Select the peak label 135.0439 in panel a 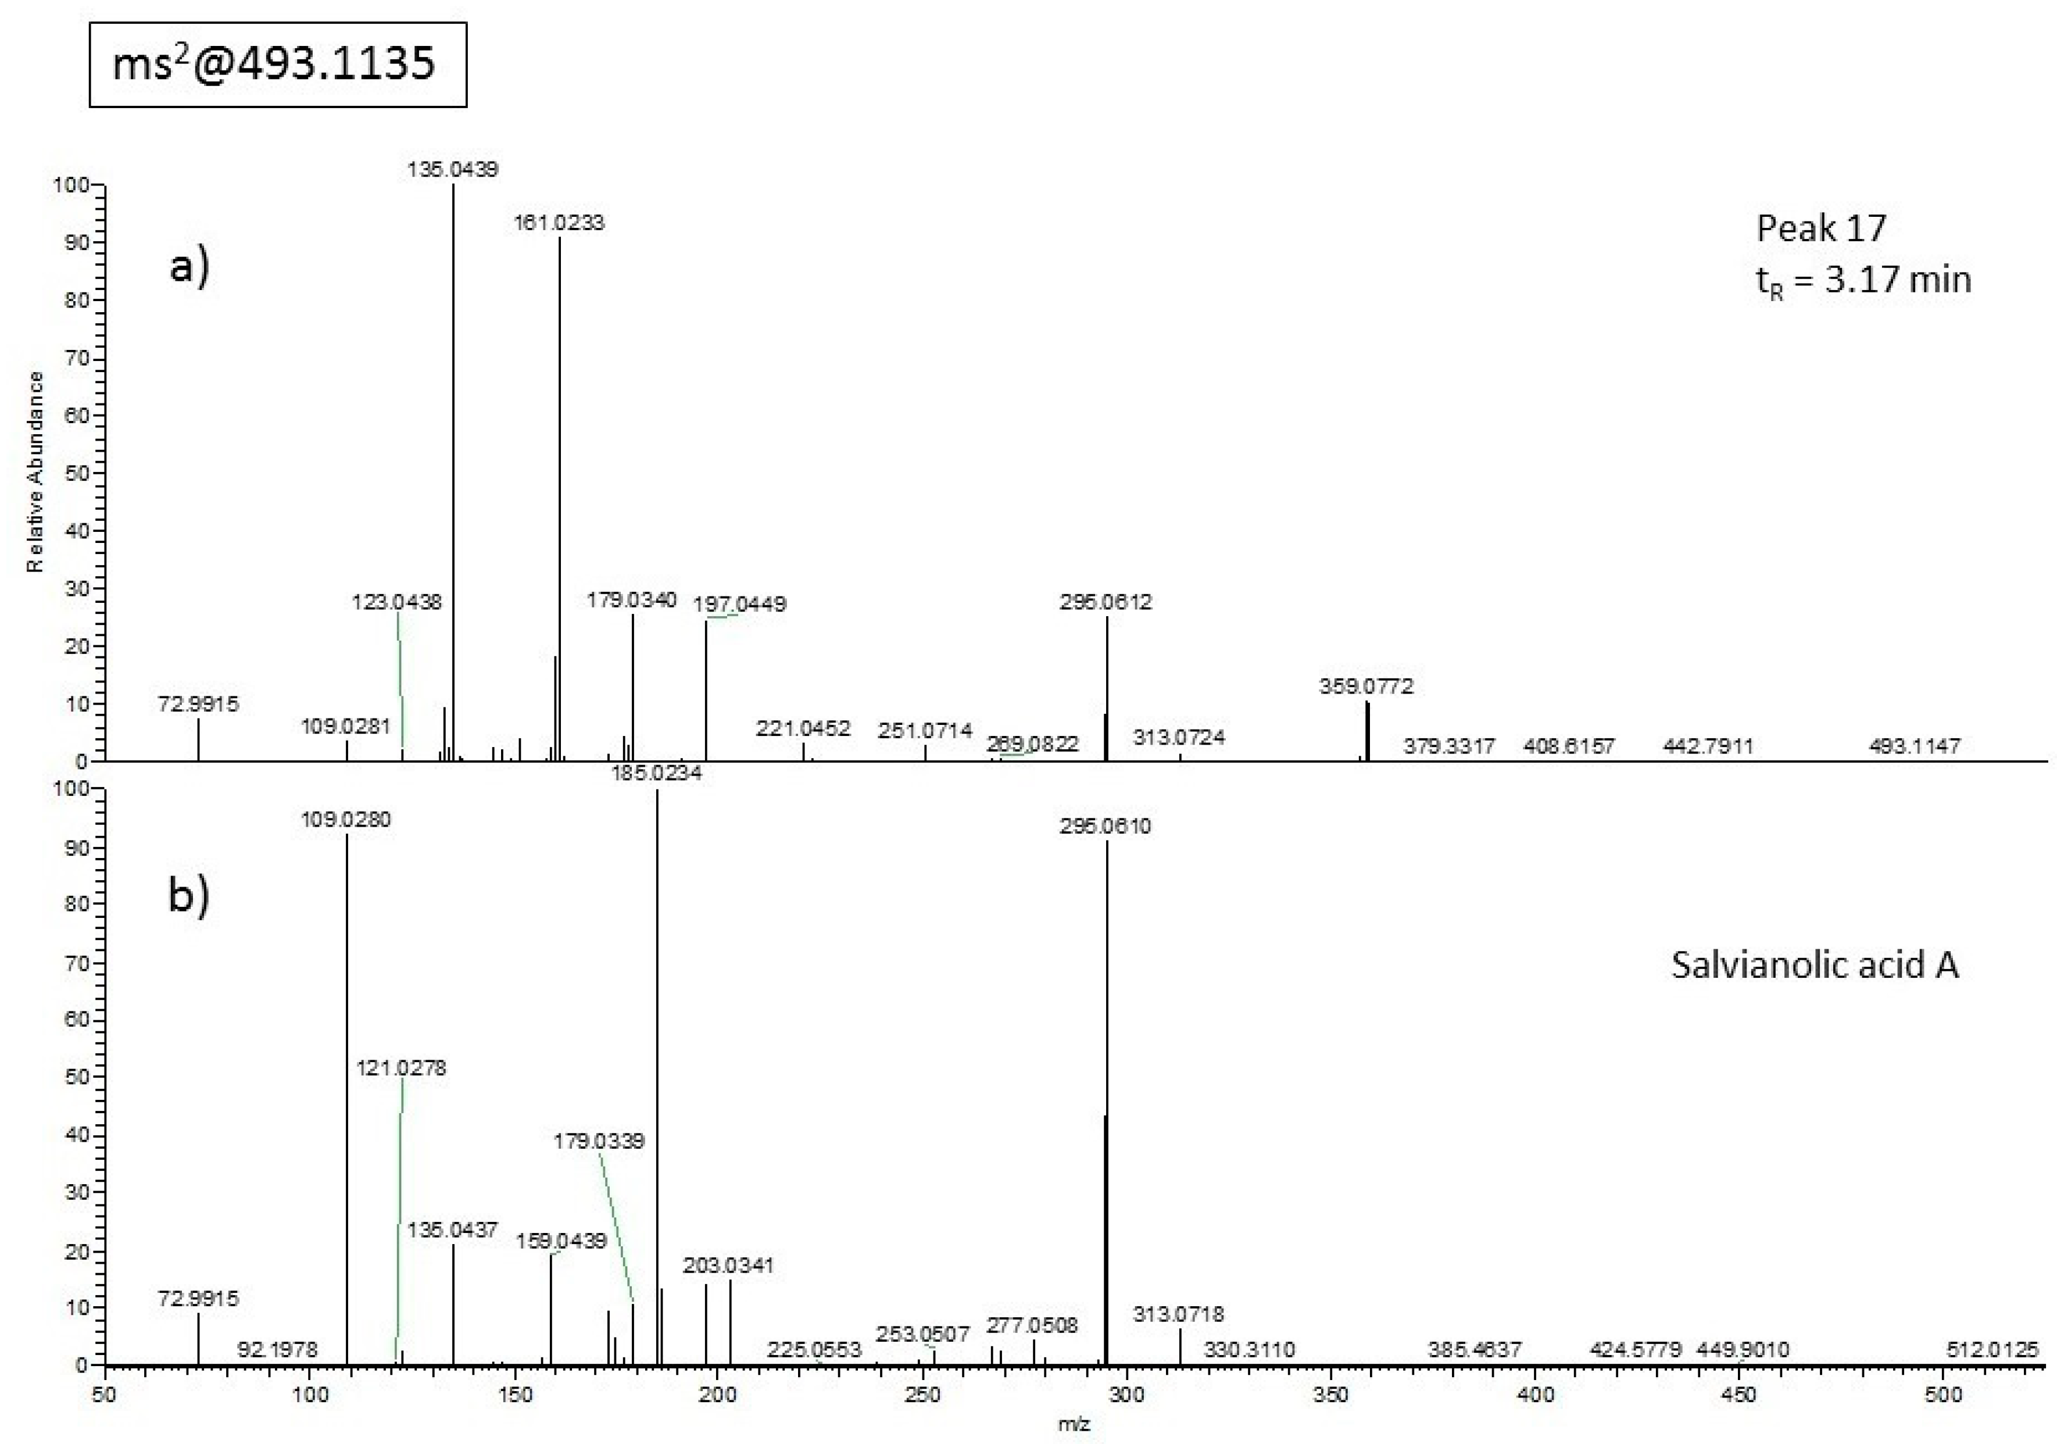(452, 169)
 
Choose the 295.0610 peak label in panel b (1106, 826)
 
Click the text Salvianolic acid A (1815, 966)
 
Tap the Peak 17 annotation (1822, 229)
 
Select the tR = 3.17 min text (1863, 280)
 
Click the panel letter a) (189, 267)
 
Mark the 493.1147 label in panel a (1915, 746)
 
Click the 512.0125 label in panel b (1992, 1350)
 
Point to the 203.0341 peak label (728, 1266)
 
